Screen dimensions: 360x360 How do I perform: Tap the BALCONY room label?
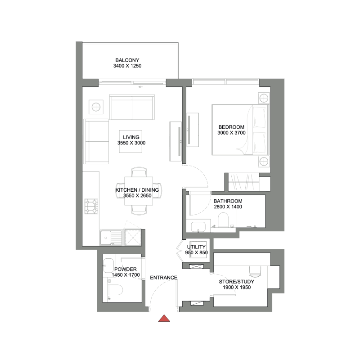click(x=127, y=60)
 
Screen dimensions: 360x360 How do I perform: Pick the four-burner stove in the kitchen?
click(x=92, y=207)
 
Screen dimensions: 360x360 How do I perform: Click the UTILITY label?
click(x=197, y=247)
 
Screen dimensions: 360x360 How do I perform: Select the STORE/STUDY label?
click(x=237, y=282)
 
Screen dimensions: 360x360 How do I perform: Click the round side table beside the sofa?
click(x=96, y=107)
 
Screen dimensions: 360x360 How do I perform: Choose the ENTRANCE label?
click(x=163, y=278)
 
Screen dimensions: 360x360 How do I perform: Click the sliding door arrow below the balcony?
click(x=141, y=87)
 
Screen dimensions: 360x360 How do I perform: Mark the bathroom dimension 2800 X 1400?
click(x=228, y=207)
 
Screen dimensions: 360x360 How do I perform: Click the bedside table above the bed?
click(x=264, y=98)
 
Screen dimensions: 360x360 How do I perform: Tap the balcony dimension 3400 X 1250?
click(x=127, y=66)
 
